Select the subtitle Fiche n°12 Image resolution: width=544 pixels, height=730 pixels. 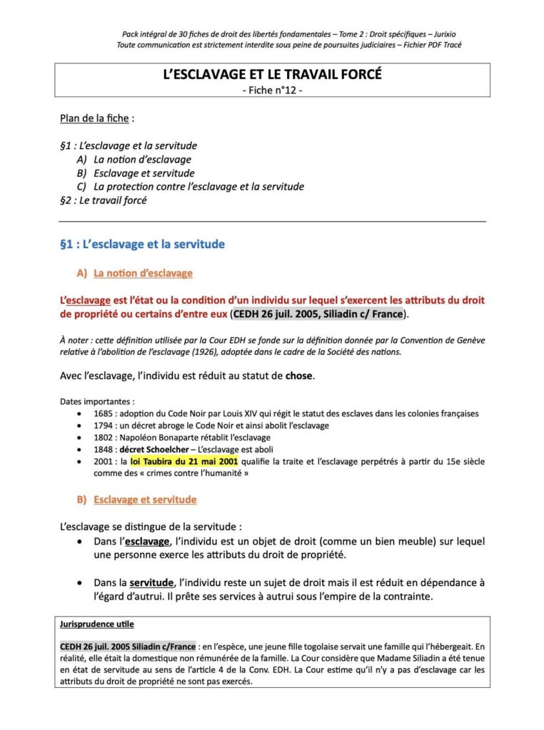pyautogui.click(x=272, y=91)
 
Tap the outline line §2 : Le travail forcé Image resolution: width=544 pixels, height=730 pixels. pyautogui.click(x=104, y=200)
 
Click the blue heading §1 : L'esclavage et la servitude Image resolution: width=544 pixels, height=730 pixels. pyautogui.click(x=143, y=245)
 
